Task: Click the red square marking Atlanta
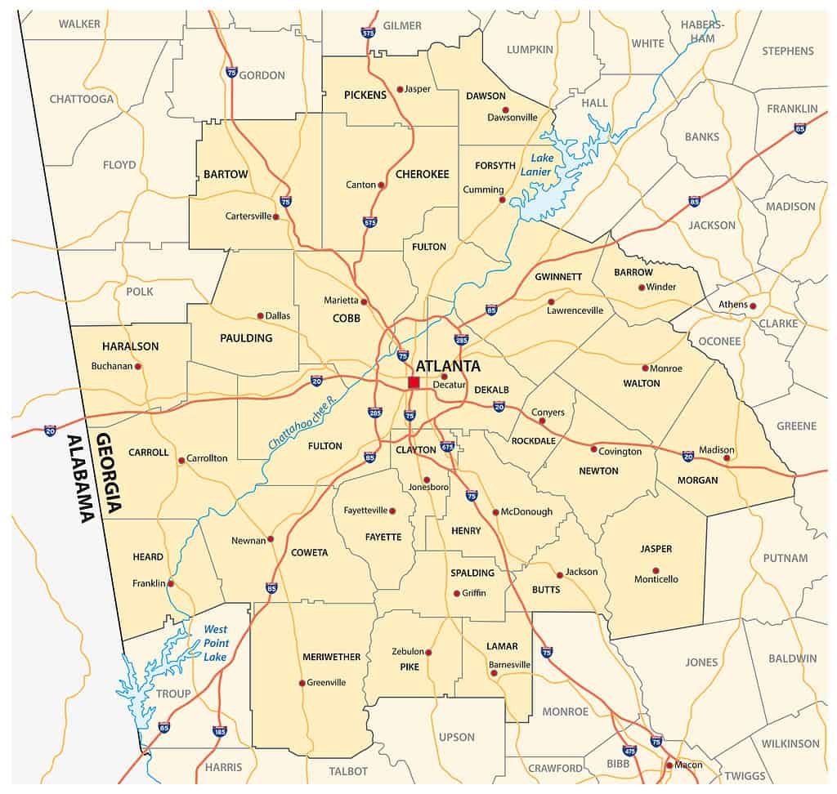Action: [414, 382]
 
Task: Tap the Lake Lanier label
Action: [542, 164]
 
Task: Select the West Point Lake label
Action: [215, 643]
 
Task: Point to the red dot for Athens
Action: [753, 306]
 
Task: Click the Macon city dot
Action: [669, 765]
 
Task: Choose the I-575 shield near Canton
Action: [370, 221]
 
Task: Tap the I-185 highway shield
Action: [218, 731]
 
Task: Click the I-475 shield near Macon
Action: [629, 750]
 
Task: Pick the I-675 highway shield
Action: [447, 446]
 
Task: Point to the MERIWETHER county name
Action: [331, 657]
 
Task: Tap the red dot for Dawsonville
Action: [506, 109]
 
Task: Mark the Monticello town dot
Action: [656, 571]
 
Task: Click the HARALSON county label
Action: [130, 346]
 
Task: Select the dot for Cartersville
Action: [276, 216]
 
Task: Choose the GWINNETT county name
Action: [558, 277]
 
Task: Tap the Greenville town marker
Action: [302, 683]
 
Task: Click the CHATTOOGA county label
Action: [82, 99]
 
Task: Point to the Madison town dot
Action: [727, 457]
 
